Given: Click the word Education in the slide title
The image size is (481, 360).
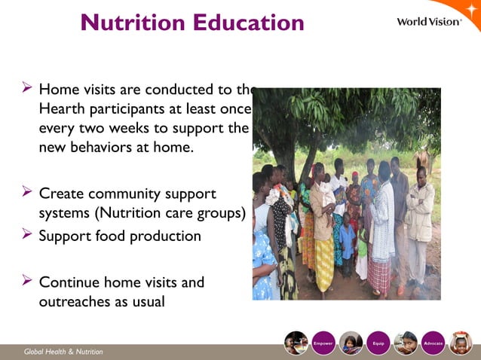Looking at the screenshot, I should pos(247,23).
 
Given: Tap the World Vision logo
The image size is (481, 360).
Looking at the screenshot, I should pos(429,21).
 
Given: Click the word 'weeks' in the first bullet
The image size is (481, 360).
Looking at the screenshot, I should pos(154,128).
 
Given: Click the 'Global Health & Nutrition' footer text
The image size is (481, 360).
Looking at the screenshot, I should pos(63,352).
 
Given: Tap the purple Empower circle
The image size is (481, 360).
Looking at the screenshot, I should pos(323,343).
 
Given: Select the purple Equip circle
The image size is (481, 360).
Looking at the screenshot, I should pos(378,343).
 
